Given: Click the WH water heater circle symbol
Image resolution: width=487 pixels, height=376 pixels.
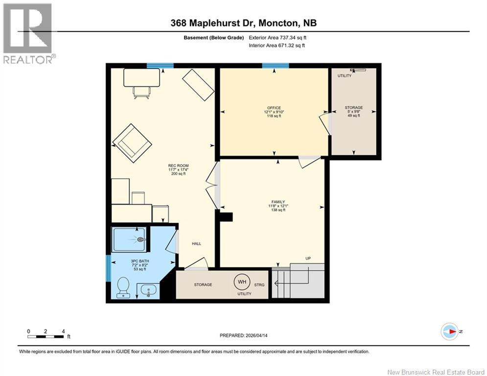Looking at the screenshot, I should click(241, 282).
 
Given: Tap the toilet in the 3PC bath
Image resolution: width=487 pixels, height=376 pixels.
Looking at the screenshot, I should click(124, 287).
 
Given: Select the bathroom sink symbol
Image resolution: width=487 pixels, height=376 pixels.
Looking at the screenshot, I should click(148, 290).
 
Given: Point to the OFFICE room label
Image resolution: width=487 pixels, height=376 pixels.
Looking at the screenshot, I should click(274, 108).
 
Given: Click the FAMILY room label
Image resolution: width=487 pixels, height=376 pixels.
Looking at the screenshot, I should click(278, 202).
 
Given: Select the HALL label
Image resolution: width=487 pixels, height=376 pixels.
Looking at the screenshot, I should click(196, 244).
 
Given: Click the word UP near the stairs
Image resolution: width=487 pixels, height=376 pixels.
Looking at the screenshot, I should click(308, 258).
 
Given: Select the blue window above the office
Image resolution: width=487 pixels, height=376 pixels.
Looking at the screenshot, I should click(275, 66).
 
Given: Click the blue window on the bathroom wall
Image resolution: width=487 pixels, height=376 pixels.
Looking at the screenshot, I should click(108, 268).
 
